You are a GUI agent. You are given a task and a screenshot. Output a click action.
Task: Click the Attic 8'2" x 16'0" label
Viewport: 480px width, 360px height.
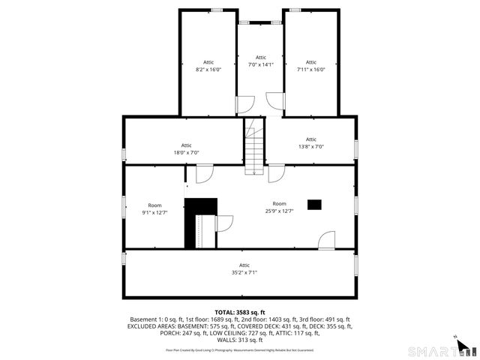coord(208,66)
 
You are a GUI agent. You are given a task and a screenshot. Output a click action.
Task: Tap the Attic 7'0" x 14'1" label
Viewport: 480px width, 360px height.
coord(260,61)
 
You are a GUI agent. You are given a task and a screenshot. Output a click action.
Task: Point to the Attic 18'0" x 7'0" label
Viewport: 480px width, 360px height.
coord(186,148)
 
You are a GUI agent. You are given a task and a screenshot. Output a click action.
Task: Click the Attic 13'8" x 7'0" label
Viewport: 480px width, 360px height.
coord(311,142)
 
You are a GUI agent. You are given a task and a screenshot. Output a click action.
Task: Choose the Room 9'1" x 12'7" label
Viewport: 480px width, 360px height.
coord(154,208)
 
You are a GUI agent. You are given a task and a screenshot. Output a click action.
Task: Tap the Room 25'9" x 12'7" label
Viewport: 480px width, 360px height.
coord(279,208)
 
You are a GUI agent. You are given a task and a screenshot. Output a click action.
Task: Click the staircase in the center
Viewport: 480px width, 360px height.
coord(256,150)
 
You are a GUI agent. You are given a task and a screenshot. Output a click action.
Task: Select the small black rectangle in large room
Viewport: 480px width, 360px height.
coord(315,203)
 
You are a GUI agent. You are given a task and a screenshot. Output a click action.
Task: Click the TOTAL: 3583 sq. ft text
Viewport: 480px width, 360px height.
coord(240,312)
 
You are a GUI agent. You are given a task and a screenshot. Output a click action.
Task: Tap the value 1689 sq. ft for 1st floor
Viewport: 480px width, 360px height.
coord(217,319)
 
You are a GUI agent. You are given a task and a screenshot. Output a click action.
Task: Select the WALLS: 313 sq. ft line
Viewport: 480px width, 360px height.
coord(240,340)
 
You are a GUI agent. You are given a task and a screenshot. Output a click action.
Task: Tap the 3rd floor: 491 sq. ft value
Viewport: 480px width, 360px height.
coord(330,319)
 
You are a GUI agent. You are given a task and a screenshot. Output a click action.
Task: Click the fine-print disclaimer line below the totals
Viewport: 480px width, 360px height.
coord(240,350)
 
